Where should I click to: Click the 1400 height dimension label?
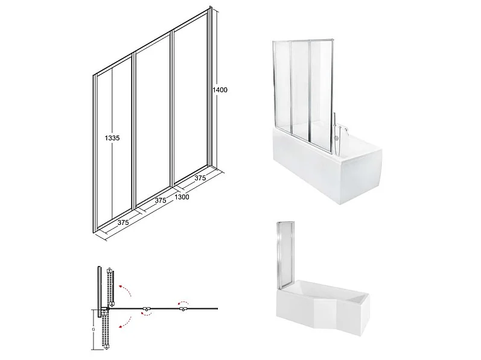pos(220,90)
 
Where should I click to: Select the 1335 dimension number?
pos(112,138)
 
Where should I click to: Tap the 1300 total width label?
pos(182,197)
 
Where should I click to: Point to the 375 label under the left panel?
pos(123,223)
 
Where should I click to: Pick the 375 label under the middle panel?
pos(161,200)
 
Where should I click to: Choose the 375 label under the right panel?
pos(200,178)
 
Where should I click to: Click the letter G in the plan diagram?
pos(94,329)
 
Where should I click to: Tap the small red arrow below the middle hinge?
pos(145,313)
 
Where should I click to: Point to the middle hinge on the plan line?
pos(146,309)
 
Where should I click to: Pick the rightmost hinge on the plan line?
pos(183,309)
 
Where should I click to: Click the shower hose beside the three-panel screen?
pos(335,126)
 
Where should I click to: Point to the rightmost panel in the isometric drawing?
pos(191,99)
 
